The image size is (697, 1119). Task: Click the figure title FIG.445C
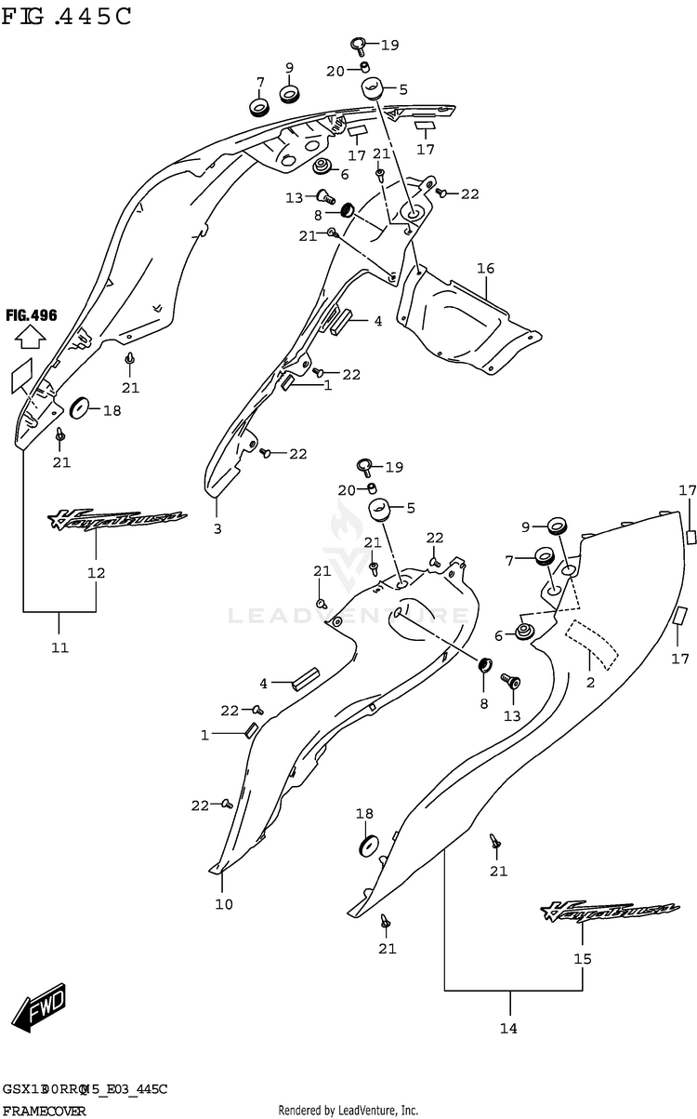[67, 16]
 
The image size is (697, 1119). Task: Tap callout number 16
[485, 269]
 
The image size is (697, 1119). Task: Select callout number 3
[217, 530]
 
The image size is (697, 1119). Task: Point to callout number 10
[224, 904]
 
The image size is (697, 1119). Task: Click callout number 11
[59, 647]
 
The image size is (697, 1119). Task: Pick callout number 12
[97, 573]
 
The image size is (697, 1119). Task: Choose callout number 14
[508, 1028]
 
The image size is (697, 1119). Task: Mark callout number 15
[583, 959]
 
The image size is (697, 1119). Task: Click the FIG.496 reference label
[31, 315]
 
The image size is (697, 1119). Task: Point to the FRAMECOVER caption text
[45, 1111]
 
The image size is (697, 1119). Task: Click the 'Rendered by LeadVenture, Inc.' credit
[348, 1111]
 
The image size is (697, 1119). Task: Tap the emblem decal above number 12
[118, 520]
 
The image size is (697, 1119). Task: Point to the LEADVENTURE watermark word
[348, 615]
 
